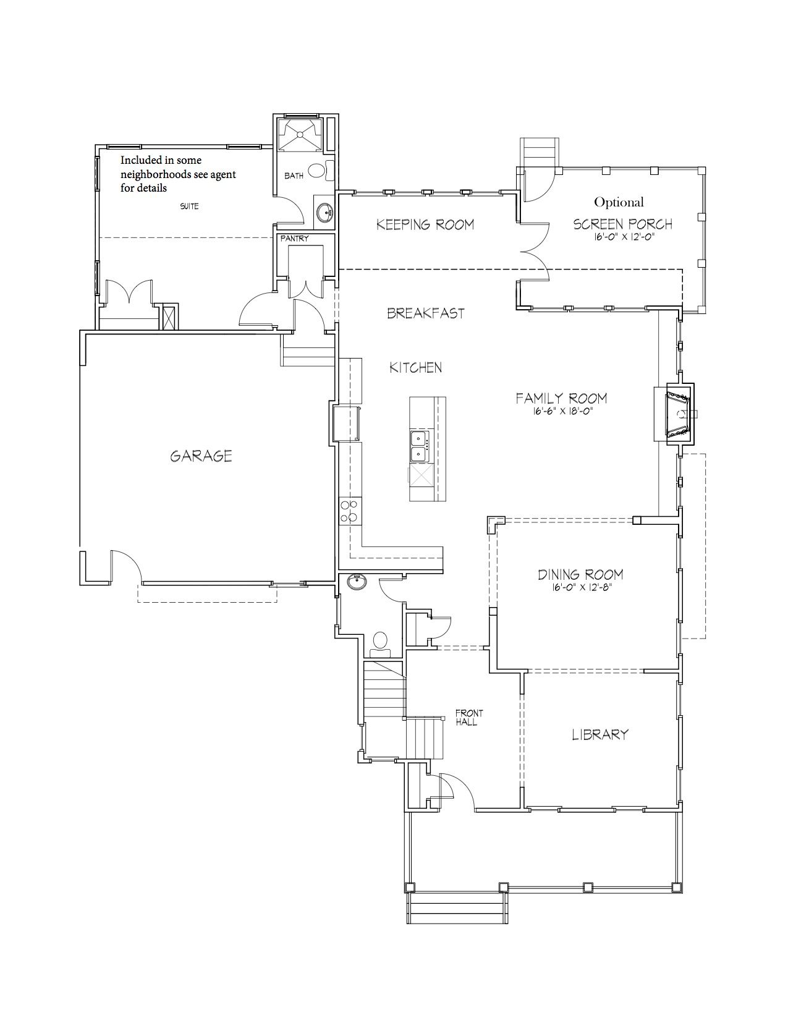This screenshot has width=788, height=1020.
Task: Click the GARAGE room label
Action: tap(201, 456)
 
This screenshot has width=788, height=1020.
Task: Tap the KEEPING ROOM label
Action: tap(425, 225)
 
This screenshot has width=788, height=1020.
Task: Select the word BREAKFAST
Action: tap(426, 313)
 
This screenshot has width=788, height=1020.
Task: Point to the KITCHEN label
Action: tap(416, 368)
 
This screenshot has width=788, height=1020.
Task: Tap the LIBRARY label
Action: tap(599, 734)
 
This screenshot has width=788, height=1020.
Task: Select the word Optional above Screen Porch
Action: tap(619, 202)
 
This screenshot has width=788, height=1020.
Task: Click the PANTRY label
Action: tap(294, 239)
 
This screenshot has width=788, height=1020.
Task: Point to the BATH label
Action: tap(294, 176)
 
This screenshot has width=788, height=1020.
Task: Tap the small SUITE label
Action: tap(189, 206)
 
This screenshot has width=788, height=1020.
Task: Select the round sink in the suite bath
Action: tap(324, 213)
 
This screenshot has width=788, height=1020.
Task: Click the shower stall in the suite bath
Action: tap(299, 134)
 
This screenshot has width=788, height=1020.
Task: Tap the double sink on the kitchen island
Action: tap(418, 446)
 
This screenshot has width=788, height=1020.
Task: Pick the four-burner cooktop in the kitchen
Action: tap(350, 511)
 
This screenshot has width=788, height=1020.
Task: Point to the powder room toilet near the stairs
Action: tap(380, 644)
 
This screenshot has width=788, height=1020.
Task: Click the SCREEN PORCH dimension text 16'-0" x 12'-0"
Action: tap(623, 237)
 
